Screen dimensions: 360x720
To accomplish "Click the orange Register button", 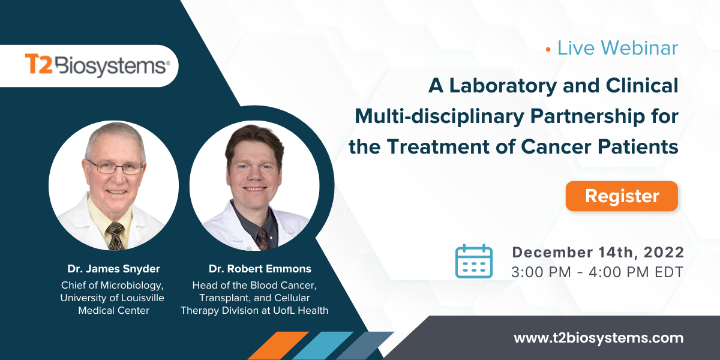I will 622,196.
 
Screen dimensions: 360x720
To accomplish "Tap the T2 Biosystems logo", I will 96,65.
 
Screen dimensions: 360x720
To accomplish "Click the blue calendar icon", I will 473,261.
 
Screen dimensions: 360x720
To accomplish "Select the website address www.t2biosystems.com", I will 598,338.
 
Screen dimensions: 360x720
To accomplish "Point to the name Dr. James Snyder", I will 113,269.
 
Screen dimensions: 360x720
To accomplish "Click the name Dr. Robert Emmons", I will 260,269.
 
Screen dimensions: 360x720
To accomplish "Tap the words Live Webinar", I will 617,48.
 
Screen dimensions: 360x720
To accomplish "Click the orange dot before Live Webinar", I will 548,49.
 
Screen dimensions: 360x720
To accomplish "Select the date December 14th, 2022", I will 598,253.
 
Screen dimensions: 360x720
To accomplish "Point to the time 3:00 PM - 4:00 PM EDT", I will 597,272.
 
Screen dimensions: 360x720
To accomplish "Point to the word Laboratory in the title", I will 517,86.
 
